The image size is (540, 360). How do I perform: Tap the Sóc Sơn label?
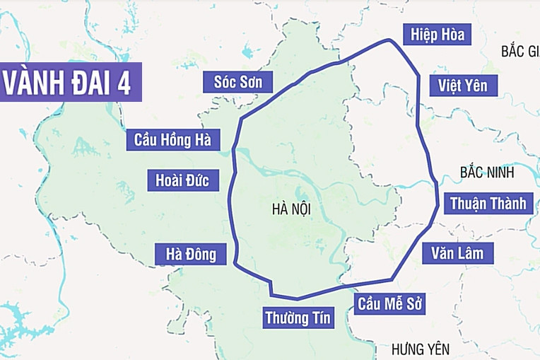click(237, 81)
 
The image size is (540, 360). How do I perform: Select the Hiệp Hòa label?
click(436, 34)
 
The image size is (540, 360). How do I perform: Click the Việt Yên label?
click(462, 86)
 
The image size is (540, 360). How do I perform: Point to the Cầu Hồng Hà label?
click(172, 139)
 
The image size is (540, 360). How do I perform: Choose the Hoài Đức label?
click(182, 180)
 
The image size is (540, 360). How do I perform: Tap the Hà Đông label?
click(191, 253)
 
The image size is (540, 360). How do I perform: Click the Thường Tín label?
click(298, 318)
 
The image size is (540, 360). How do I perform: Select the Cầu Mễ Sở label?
click(389, 305)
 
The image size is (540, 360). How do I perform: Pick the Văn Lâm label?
click(457, 252)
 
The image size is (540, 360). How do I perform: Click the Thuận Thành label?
click(488, 204)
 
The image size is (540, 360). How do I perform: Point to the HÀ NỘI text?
click(290, 209)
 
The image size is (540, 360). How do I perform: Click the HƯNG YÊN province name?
click(420, 349)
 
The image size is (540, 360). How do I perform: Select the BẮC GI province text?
click(520, 51)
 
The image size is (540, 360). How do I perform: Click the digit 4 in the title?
click(124, 83)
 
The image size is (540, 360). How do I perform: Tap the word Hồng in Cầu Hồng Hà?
click(170, 139)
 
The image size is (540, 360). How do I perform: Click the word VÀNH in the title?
click(33, 83)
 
